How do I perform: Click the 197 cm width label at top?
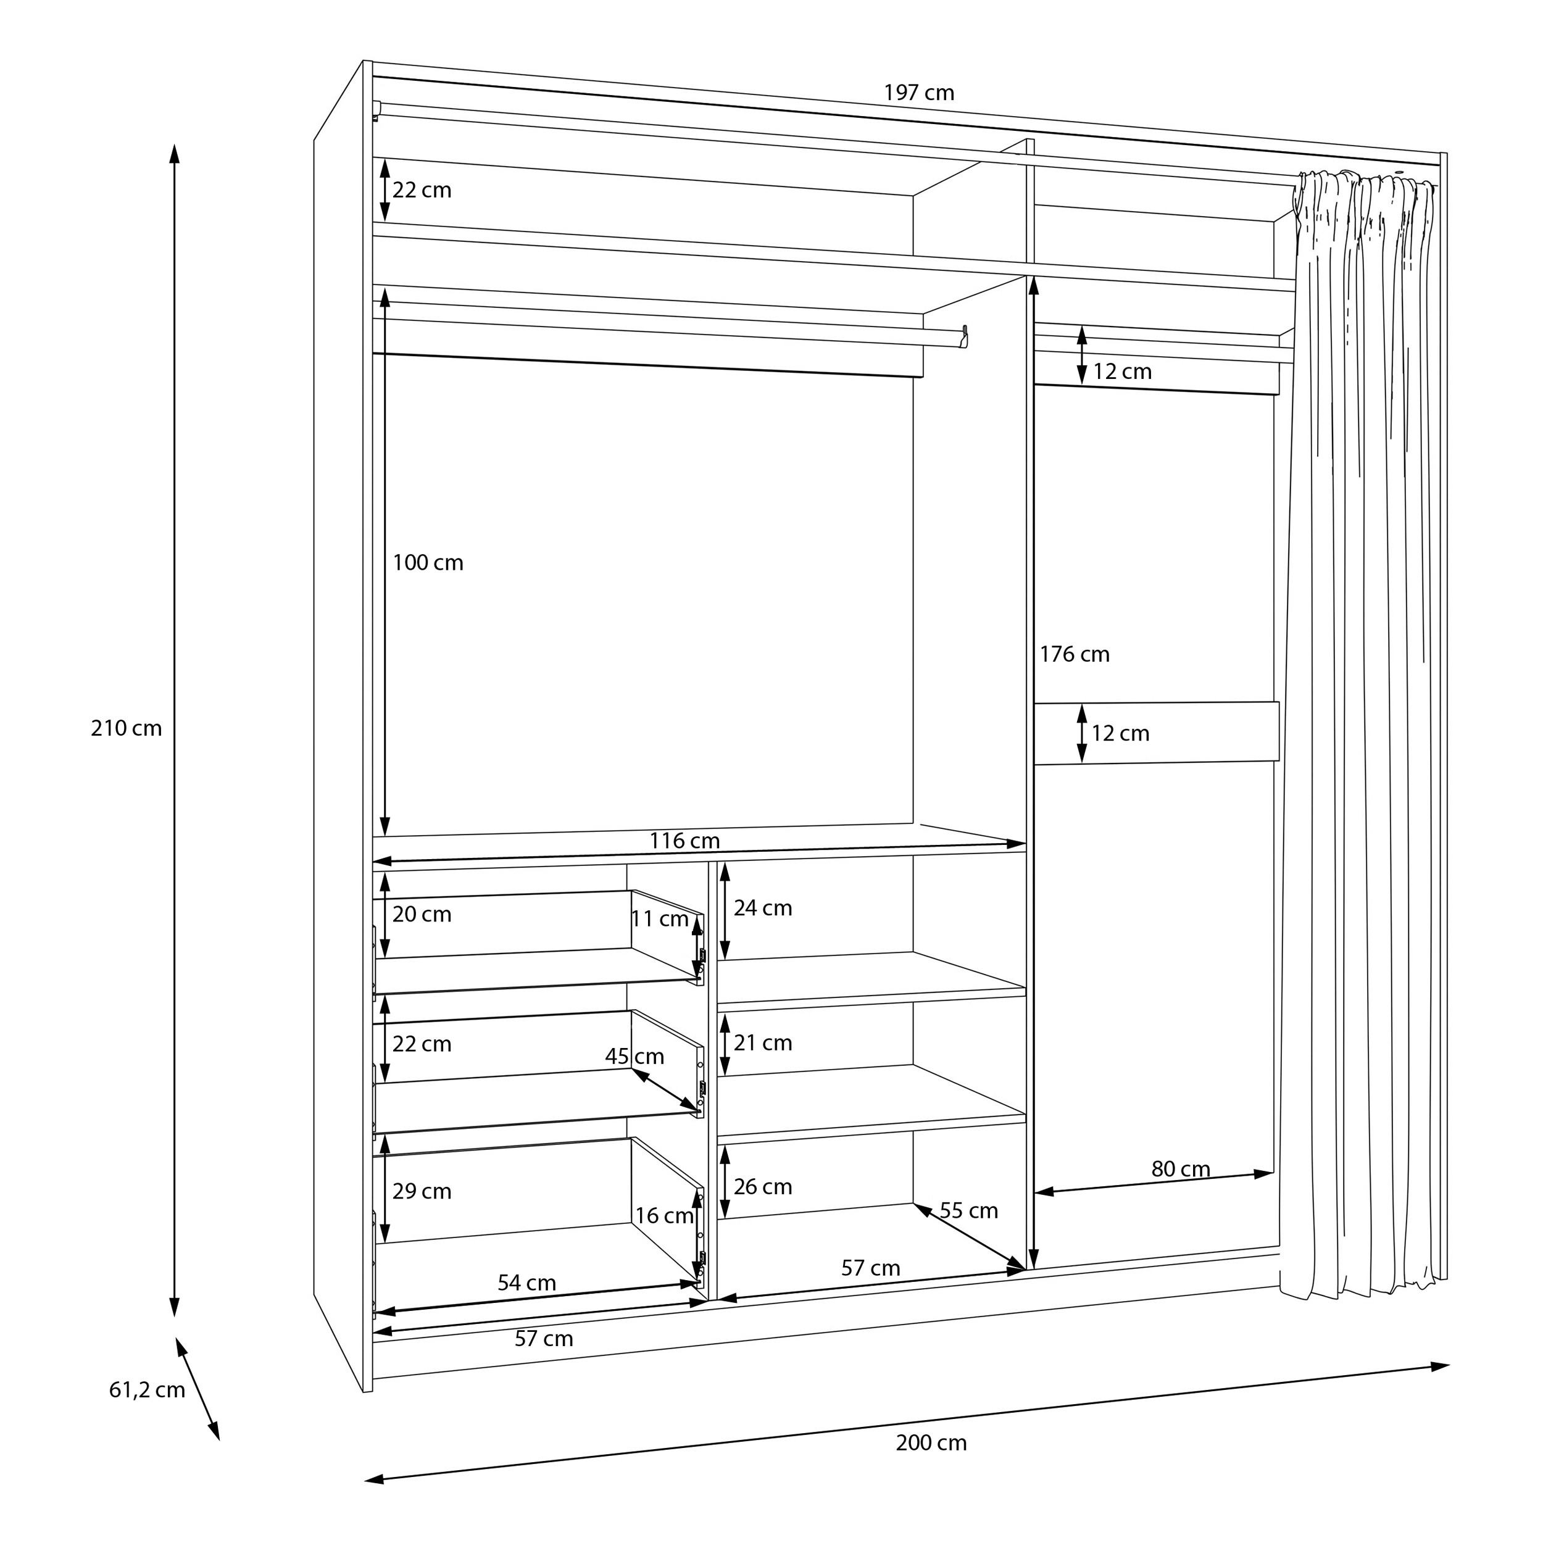[x=918, y=93]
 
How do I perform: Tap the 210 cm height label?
[x=126, y=728]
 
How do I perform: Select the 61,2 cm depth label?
[x=147, y=1391]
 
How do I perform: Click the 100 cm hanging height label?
[x=428, y=563]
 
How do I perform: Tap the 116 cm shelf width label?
[x=684, y=841]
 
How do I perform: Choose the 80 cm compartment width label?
[x=1181, y=1169]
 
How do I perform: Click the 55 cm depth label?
[x=969, y=1211]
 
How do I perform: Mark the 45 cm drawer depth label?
[x=635, y=1057]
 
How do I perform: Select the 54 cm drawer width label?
[x=527, y=1283]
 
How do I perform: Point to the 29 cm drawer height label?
[x=422, y=1192]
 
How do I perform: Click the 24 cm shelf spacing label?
[x=763, y=908]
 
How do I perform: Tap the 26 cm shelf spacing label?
[x=763, y=1187]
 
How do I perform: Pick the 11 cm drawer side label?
[x=660, y=919]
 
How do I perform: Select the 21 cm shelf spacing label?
[x=763, y=1043]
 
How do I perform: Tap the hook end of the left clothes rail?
[x=965, y=336]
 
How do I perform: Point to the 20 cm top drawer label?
[x=422, y=915]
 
